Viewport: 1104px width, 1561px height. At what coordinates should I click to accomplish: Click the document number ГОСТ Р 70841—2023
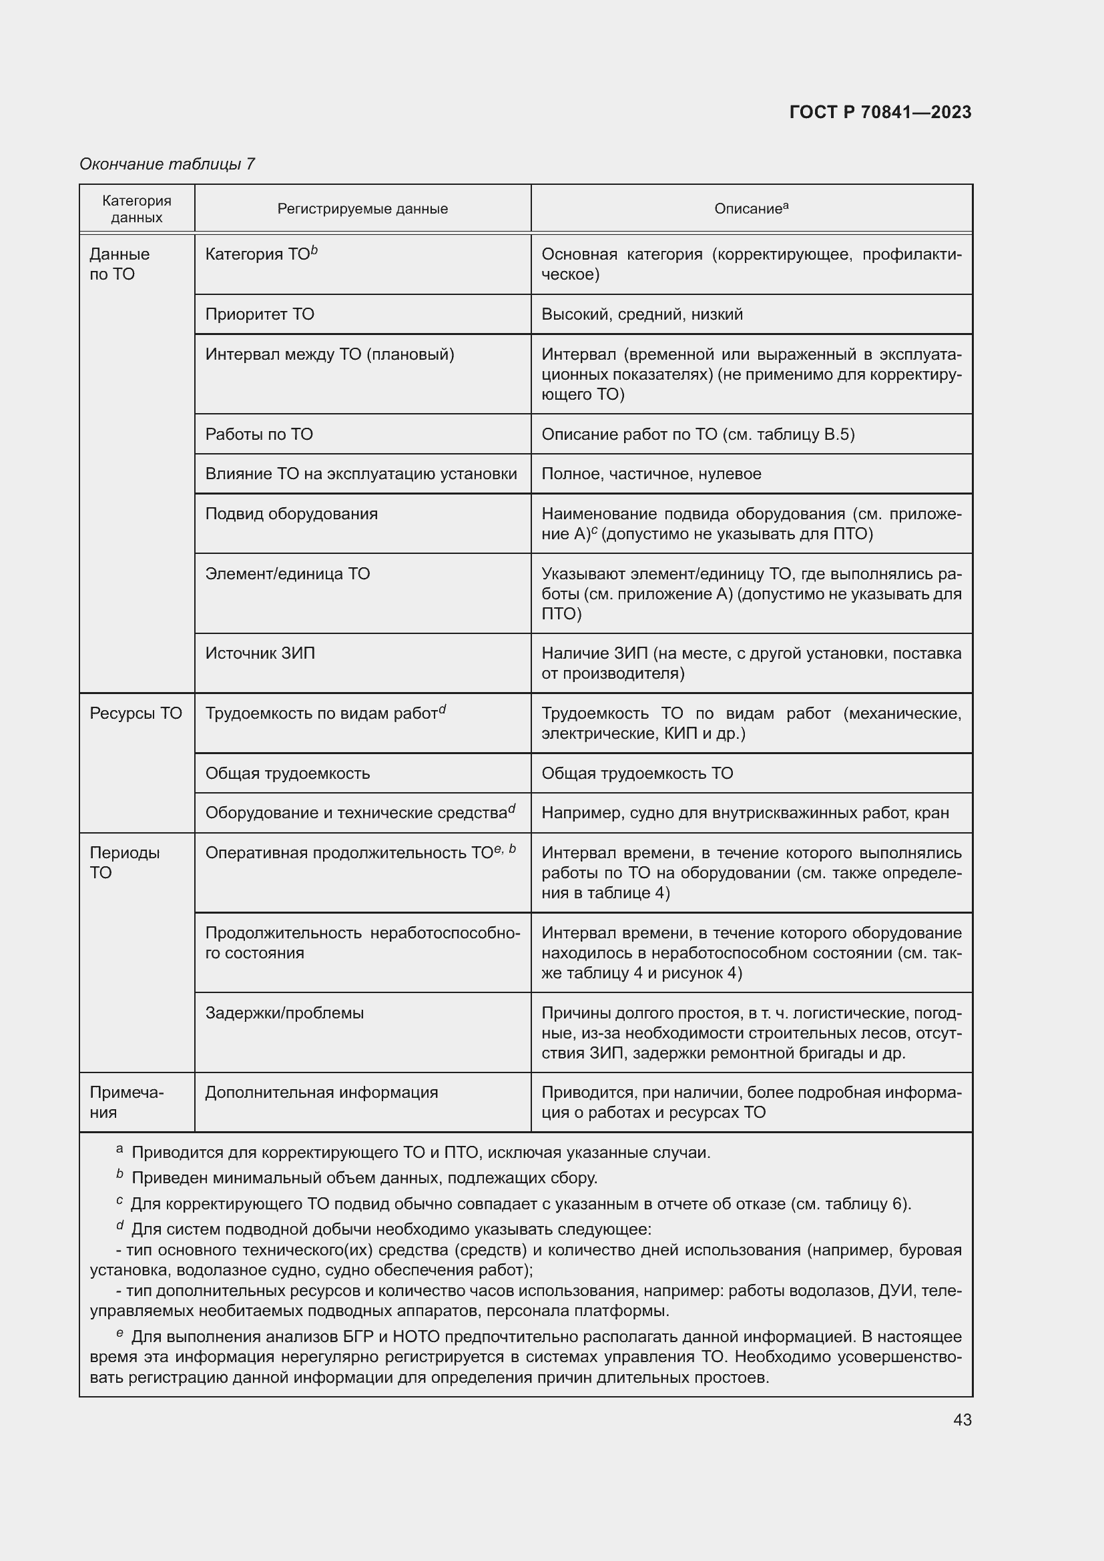click(880, 112)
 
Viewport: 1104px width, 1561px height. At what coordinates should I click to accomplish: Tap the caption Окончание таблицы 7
click(167, 164)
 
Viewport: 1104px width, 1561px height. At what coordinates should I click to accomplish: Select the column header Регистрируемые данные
click(362, 209)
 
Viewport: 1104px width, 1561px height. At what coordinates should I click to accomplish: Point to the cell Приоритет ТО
click(260, 314)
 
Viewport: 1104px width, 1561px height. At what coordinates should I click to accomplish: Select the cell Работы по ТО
click(259, 434)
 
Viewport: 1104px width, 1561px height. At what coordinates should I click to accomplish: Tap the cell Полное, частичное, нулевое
click(651, 474)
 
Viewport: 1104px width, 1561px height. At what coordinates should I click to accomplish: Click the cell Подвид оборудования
click(291, 513)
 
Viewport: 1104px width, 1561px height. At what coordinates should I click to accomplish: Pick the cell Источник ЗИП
click(260, 653)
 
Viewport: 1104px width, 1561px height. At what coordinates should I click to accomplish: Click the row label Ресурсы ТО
click(136, 713)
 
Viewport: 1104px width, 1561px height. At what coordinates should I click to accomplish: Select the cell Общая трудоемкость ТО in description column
click(637, 773)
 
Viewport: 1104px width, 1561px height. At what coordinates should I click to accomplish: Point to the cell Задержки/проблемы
click(284, 1013)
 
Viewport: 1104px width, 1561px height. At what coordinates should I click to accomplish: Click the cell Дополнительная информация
click(322, 1092)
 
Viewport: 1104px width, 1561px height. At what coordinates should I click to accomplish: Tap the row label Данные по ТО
click(119, 264)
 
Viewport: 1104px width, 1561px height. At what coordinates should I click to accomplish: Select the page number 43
click(962, 1420)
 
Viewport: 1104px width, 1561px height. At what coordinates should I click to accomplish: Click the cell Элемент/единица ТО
click(288, 574)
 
